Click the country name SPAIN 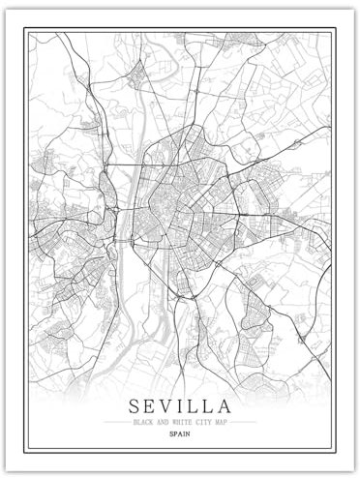[179, 435]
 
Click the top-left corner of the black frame [28, 29]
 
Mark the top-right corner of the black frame [331, 29]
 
